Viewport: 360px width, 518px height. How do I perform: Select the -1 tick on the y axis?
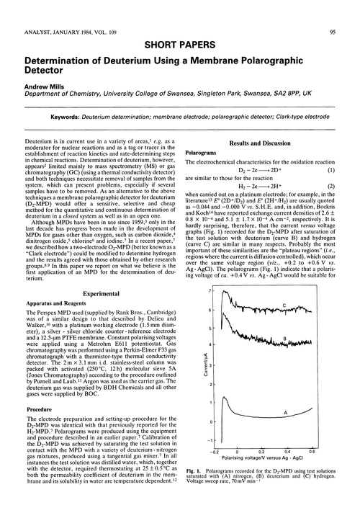click(189, 438)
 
